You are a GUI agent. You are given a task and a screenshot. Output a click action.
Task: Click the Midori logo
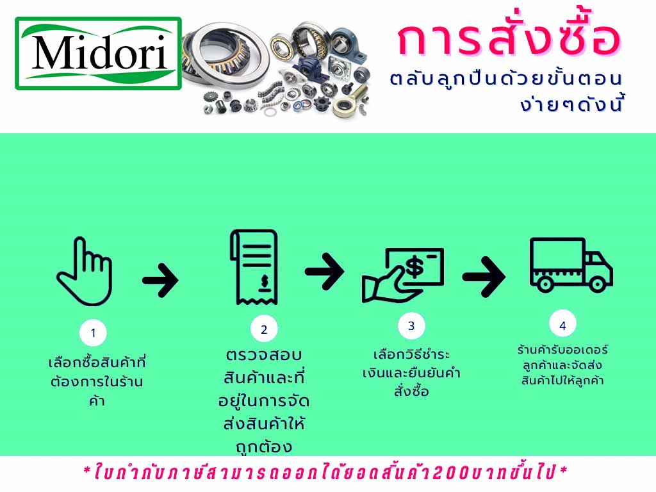click(x=98, y=53)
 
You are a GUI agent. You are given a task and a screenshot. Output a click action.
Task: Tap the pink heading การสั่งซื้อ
click(x=509, y=40)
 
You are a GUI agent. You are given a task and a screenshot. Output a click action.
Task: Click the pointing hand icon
click(x=86, y=272)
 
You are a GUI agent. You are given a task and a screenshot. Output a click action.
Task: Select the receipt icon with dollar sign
click(x=254, y=268)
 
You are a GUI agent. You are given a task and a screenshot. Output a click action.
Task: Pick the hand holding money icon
click(x=403, y=274)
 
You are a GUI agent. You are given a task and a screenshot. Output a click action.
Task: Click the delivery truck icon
click(x=570, y=265)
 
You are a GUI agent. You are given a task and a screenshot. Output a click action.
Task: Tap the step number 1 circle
click(x=94, y=332)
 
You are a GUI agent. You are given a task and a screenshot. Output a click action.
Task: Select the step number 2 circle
click(x=263, y=329)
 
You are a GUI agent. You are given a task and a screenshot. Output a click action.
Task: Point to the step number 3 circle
click(x=411, y=325)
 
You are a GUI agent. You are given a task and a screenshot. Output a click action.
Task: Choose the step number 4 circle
click(x=562, y=325)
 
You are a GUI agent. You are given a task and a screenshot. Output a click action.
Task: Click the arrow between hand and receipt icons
click(x=161, y=279)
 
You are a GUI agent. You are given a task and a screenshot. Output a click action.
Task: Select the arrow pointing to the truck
click(x=484, y=276)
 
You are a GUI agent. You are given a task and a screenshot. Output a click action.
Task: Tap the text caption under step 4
click(x=562, y=365)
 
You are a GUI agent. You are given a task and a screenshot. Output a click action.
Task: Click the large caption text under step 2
click(x=263, y=400)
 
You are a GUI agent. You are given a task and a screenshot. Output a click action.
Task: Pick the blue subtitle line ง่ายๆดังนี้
click(x=572, y=104)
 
